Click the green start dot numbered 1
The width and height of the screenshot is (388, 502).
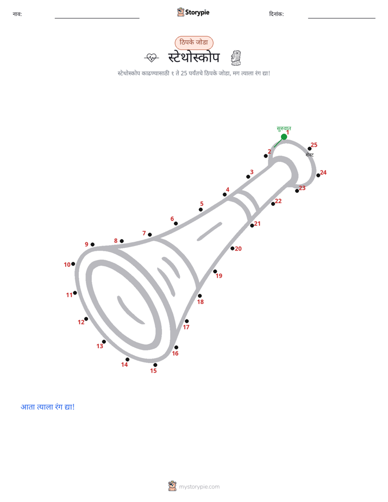click(x=284, y=137)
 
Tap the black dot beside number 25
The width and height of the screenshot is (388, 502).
click(x=310, y=149)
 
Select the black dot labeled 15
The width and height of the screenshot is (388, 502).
click(x=155, y=365)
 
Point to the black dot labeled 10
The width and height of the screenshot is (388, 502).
click(x=73, y=264)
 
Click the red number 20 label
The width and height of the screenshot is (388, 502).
click(x=238, y=249)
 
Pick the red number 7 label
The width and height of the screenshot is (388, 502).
click(x=144, y=233)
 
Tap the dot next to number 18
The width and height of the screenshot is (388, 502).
click(x=200, y=296)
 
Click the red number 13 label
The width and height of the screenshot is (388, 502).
click(x=100, y=346)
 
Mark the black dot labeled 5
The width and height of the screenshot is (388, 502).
click(x=201, y=210)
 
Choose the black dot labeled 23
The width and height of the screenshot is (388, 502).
click(x=297, y=191)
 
